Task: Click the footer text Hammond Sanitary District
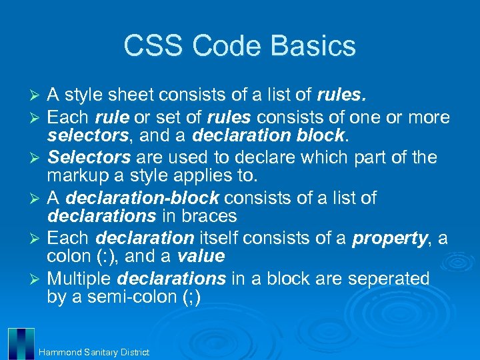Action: click(94, 352)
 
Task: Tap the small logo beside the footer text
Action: click(21, 343)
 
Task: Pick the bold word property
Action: click(389, 238)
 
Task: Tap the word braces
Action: click(209, 216)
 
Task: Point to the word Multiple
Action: click(85, 279)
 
